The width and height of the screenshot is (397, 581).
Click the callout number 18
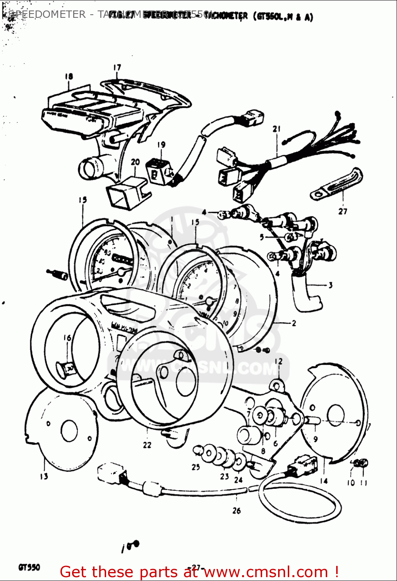69,76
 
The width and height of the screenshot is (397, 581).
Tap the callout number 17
117,67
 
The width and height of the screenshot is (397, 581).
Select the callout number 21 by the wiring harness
276,129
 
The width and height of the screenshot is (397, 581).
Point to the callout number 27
343,211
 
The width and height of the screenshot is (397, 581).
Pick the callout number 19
161,144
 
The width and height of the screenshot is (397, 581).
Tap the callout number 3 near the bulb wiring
330,285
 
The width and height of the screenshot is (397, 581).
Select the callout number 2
294,323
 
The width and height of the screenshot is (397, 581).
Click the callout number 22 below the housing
147,445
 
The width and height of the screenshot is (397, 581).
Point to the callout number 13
44,476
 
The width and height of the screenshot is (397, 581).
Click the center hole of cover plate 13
69,430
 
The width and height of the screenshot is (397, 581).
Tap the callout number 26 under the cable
236,511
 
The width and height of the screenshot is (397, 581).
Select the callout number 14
324,481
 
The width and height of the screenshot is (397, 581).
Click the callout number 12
278,361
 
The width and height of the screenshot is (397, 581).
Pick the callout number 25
196,467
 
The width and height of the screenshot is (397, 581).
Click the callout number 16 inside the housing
67,338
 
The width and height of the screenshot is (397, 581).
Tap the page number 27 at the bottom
196,568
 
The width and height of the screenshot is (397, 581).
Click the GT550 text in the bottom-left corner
29,568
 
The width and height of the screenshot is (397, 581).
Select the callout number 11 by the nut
364,483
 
